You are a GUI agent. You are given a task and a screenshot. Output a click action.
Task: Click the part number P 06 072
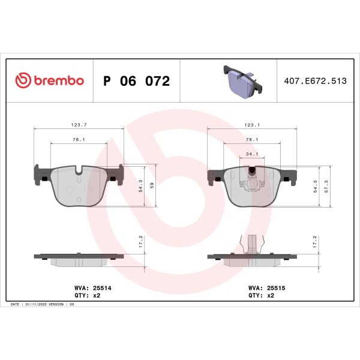coord(137,81)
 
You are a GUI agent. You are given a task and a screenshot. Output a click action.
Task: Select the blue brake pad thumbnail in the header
coord(242,80)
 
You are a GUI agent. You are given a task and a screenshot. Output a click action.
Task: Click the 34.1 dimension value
coord(252,154)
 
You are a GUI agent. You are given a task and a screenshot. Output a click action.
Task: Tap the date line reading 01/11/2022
coord(42,305)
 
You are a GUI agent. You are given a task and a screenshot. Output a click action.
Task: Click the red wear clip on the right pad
coord(253,174)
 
